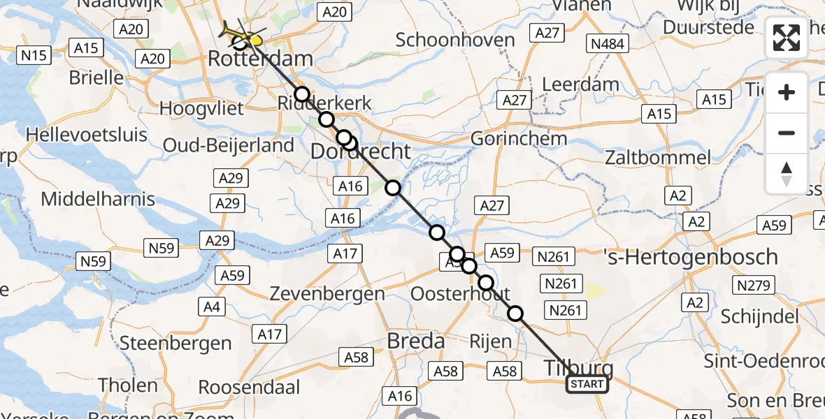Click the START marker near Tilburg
pyautogui.click(x=587, y=384)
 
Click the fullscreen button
pyautogui.click(x=787, y=38)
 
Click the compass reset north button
pyautogui.click(x=787, y=175)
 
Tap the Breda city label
pyautogui.click(x=416, y=341)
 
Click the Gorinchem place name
pyautogui.click(x=519, y=138)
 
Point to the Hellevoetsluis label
pyautogui.click(x=87, y=133)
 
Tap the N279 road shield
pyautogui.click(x=754, y=285)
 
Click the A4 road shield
pyautogui.click(x=214, y=306)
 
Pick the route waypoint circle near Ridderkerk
pyautogui.click(x=301, y=95)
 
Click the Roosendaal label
pyautogui.click(x=249, y=387)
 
